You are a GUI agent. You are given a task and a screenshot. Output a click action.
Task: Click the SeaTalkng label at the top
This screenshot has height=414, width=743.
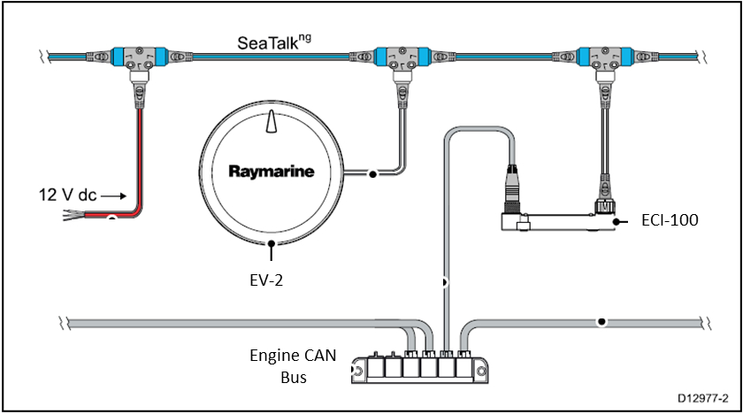(273, 42)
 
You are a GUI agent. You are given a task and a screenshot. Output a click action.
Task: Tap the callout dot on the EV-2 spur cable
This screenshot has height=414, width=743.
(373, 174)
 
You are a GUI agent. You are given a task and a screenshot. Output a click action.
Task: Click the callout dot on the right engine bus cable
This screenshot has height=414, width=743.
(601, 321)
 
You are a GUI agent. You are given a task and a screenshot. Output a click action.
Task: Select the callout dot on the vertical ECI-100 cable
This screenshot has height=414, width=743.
(443, 282)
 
